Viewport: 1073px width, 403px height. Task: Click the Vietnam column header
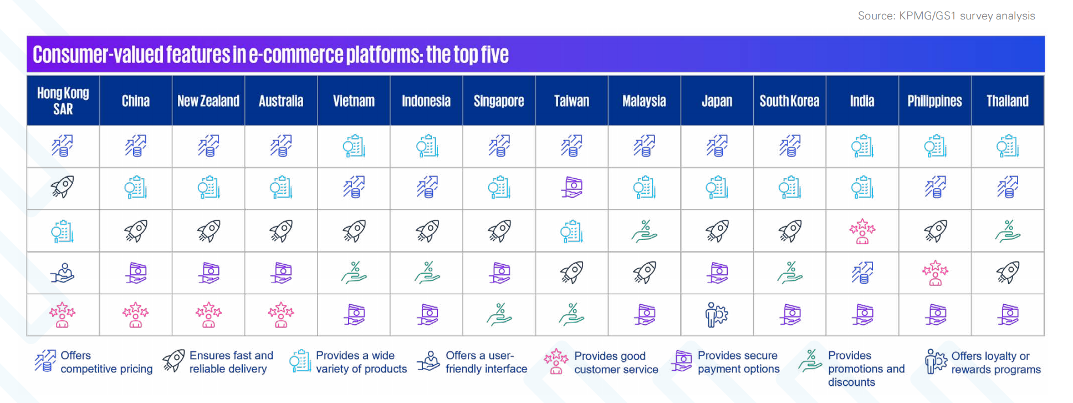pyautogui.click(x=354, y=101)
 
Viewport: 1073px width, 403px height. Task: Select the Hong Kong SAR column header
pyautogui.click(x=63, y=101)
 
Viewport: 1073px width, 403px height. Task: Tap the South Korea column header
pyautogui.click(x=789, y=101)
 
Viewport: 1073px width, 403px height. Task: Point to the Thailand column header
pyautogui.click(x=1007, y=101)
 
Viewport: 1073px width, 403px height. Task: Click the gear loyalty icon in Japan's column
pyautogui.click(x=717, y=315)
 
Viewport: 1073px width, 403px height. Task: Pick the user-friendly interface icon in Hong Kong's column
pyautogui.click(x=63, y=273)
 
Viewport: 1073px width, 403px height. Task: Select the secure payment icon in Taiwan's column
pyautogui.click(x=571, y=188)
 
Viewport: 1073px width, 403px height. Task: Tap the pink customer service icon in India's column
pyautogui.click(x=862, y=231)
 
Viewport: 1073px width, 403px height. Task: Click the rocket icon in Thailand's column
pyautogui.click(x=1008, y=273)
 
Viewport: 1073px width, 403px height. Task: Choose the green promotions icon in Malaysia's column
pyautogui.click(x=644, y=231)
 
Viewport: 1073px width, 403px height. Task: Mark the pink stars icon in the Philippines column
pyautogui.click(x=935, y=273)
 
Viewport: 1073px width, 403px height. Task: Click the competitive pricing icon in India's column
pyautogui.click(x=862, y=273)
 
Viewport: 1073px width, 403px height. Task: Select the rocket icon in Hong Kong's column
pyautogui.click(x=63, y=187)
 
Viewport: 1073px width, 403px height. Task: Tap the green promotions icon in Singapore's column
pyautogui.click(x=499, y=314)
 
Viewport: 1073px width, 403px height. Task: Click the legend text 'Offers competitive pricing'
pyautogui.click(x=106, y=362)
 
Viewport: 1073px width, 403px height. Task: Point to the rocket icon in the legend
pyautogui.click(x=173, y=361)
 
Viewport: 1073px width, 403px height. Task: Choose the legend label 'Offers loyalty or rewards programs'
pyautogui.click(x=996, y=362)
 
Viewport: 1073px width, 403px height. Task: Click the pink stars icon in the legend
pyautogui.click(x=556, y=361)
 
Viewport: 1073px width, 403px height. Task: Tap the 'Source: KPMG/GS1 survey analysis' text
pyautogui.click(x=946, y=16)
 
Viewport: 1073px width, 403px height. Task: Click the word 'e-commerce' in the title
pyautogui.click(x=295, y=54)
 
